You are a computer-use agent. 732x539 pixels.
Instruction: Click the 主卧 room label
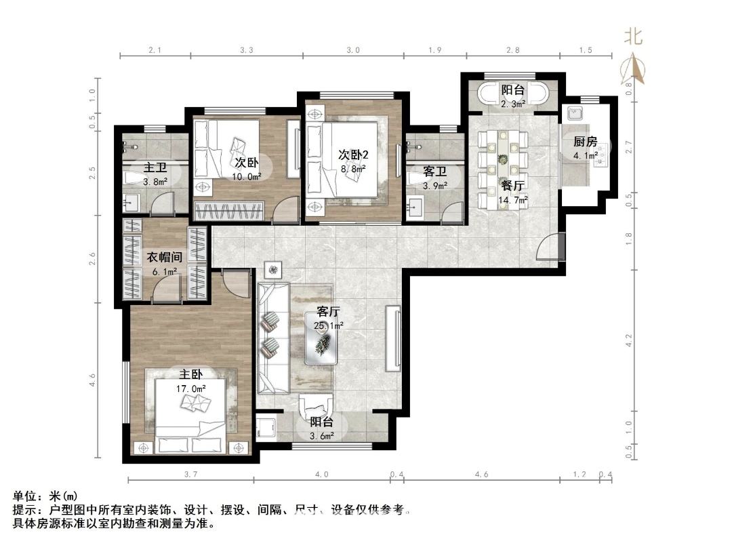coord(191,375)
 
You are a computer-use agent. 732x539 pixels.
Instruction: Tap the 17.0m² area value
coord(191,388)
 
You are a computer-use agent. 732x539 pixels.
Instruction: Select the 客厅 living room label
coord(328,312)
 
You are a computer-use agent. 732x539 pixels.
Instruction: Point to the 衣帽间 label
coord(164,258)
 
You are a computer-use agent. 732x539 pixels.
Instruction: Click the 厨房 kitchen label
coord(586,142)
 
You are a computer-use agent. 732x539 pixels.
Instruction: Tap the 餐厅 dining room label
coord(512,186)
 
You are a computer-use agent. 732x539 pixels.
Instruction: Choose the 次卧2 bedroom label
coord(353,155)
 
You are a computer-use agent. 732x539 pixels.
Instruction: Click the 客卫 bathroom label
coord(435,172)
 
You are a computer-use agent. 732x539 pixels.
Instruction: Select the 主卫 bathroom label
coord(155,167)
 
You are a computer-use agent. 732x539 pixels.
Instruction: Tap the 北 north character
coord(634,37)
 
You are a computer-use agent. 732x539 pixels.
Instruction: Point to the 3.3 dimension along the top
coord(247,50)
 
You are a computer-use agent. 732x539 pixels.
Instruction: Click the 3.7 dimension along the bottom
coord(190,474)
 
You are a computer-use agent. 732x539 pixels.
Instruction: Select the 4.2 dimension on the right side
coord(628,340)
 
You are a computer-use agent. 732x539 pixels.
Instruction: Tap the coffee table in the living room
coord(322,338)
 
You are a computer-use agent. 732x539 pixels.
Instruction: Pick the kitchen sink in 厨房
coord(574,113)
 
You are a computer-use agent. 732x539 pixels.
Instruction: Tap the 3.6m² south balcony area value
coord(322,436)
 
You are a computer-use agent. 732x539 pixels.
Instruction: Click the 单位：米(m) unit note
coord(45,496)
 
